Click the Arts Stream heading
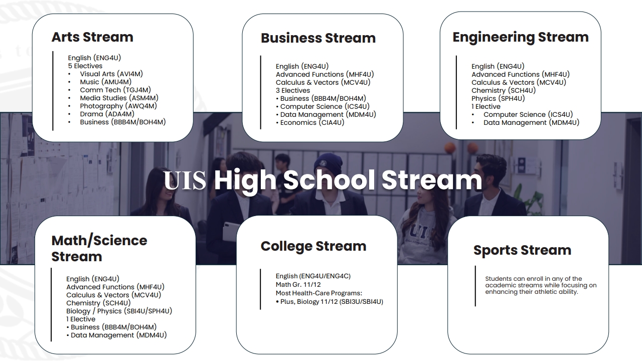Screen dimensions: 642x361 (92, 37)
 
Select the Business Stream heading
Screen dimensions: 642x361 (318, 38)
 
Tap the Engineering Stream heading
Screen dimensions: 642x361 (521, 38)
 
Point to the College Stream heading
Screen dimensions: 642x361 (313, 246)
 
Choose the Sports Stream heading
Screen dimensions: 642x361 (522, 250)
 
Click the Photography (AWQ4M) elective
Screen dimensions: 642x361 (118, 106)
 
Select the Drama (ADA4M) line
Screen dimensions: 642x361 (107, 114)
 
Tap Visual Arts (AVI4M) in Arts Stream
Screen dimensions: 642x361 (111, 74)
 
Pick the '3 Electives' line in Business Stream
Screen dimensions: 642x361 (292, 91)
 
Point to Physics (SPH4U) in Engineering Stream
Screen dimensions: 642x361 (498, 99)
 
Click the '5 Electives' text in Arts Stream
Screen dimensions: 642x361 (85, 66)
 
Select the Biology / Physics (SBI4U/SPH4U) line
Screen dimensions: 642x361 (119, 311)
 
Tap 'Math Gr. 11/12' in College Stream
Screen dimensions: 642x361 (298, 284)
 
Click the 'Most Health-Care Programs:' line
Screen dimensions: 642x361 (318, 293)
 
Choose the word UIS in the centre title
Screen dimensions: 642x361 (185, 180)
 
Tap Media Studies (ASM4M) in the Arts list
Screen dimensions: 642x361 (119, 98)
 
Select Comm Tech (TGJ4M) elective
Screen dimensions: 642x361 (115, 90)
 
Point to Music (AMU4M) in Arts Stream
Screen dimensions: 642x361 (105, 82)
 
